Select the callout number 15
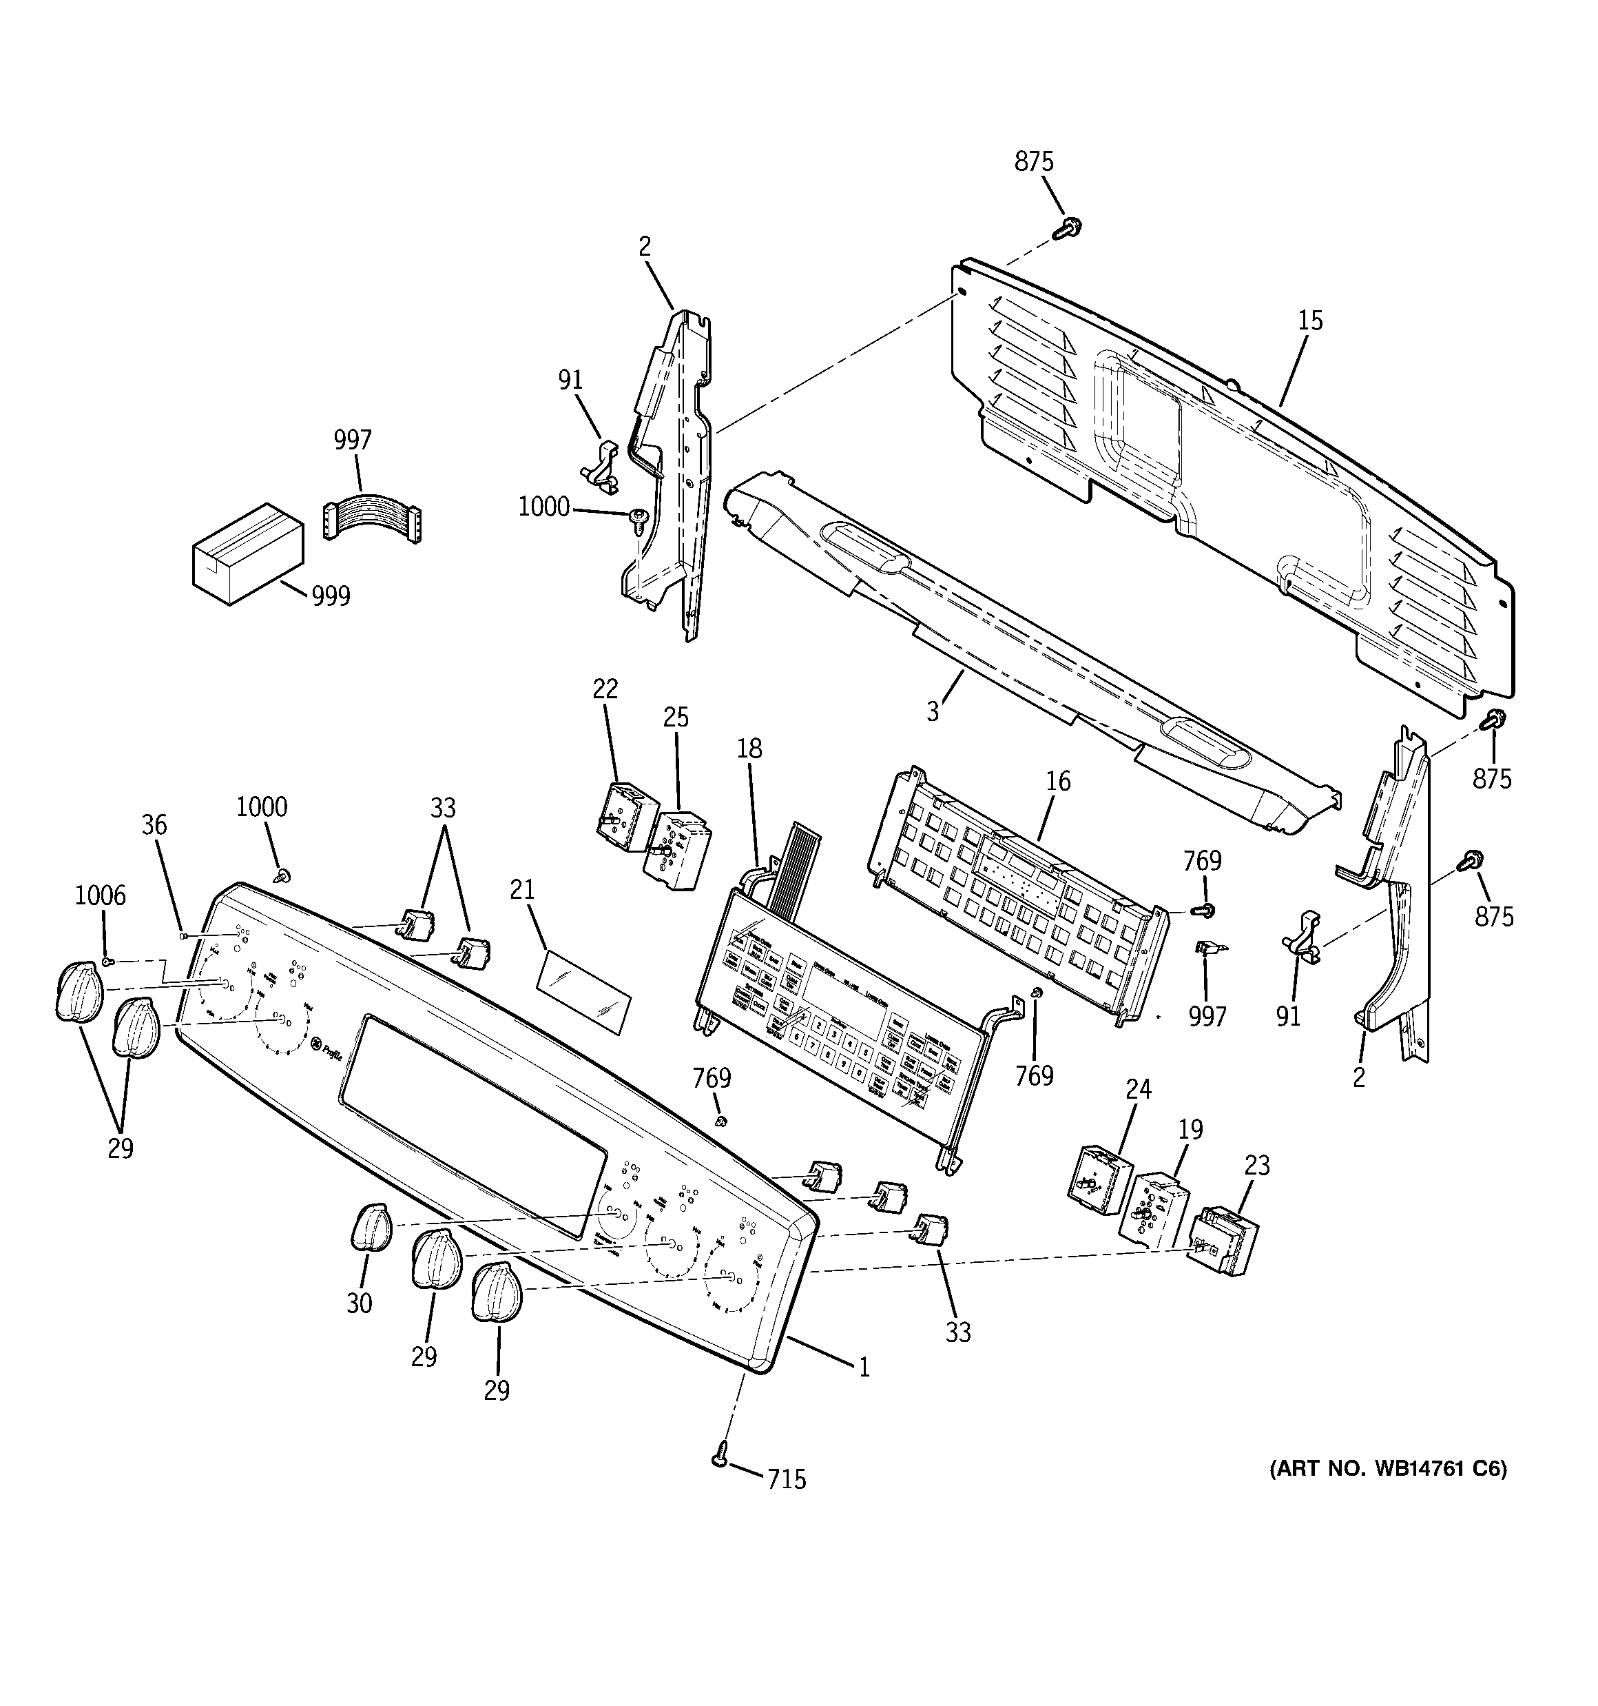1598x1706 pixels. click(1310, 321)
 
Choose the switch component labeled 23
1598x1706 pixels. click(1221, 1241)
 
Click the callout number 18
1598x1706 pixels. click(749, 749)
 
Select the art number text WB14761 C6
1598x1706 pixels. click(1387, 1468)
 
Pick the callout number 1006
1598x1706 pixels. click(101, 896)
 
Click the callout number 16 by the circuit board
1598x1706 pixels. click(1059, 781)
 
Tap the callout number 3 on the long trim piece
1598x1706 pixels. click(933, 711)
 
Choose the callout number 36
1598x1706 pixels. click(154, 826)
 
